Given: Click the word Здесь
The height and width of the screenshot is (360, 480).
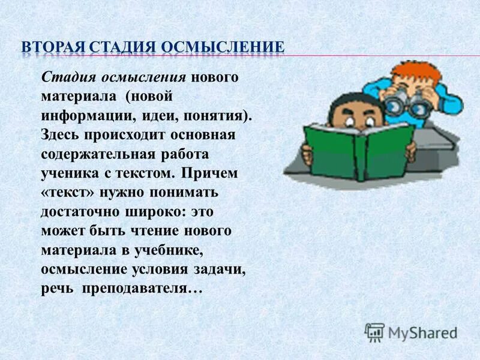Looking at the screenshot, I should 61,134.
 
